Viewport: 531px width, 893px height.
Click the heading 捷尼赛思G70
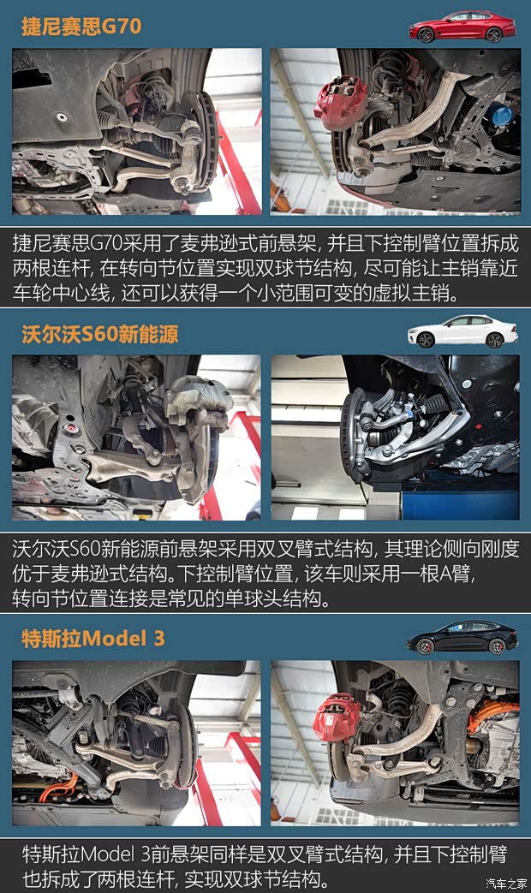pyautogui.click(x=81, y=26)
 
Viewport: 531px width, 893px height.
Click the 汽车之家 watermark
pyautogui.click(x=505, y=883)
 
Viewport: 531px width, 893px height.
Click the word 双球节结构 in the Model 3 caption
pyautogui.click(x=275, y=878)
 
